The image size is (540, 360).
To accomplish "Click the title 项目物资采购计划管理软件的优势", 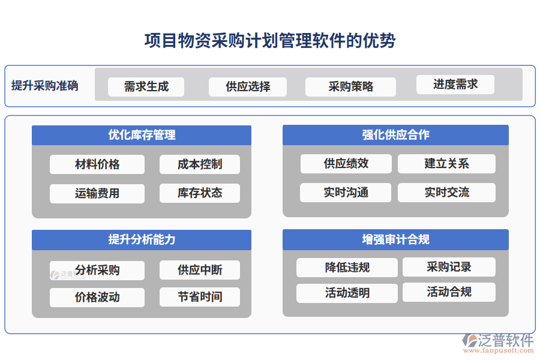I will tap(270, 41).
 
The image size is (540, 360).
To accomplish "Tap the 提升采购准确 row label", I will tap(44, 86).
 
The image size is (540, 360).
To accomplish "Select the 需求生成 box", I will tap(146, 86).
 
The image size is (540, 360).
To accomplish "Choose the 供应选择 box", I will tap(248, 86).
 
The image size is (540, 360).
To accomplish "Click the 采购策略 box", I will tap(350, 86).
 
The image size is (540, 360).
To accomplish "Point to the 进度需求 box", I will tap(455, 84).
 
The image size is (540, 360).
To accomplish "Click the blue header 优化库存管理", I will tap(142, 135).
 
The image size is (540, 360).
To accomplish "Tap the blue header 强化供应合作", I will tap(395, 135).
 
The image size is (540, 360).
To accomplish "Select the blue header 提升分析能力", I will tap(142, 240).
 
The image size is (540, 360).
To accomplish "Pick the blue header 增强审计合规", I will tap(395, 240).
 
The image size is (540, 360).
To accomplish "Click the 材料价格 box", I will tap(97, 164).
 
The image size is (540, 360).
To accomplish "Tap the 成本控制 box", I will tap(200, 164).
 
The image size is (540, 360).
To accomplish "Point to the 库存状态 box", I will tap(200, 193).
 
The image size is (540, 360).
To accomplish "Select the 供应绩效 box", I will tap(346, 163).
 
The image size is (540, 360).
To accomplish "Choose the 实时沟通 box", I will tap(346, 193).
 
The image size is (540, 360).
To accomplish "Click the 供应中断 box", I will tap(200, 270).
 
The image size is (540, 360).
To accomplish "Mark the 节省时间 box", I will tap(200, 297).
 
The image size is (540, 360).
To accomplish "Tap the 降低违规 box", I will tap(347, 267).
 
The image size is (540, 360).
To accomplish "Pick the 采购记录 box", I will tap(449, 267).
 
